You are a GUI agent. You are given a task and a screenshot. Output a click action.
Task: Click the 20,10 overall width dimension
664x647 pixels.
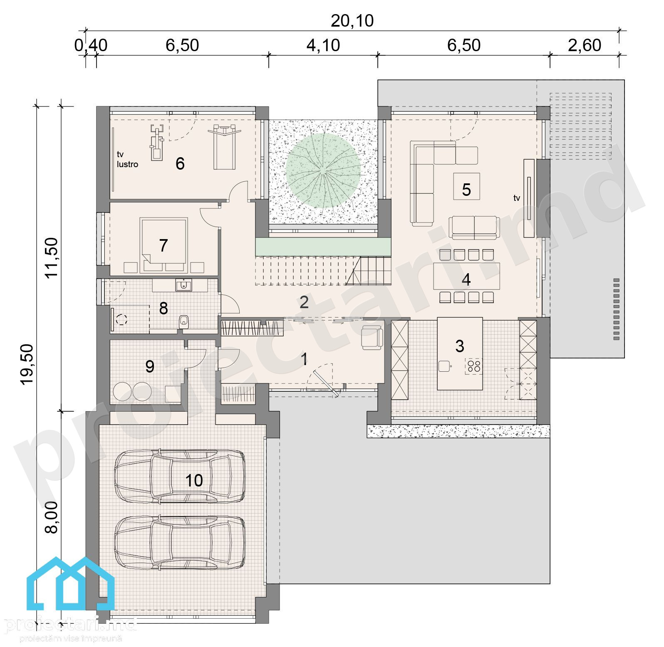pyautogui.click(x=352, y=21)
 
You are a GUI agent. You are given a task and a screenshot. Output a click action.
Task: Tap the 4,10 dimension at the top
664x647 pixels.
pyautogui.click(x=323, y=45)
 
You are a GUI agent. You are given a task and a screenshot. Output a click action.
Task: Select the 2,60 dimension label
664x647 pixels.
pyautogui.click(x=585, y=45)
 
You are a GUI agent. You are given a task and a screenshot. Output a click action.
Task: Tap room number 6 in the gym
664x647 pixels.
pyautogui.click(x=180, y=163)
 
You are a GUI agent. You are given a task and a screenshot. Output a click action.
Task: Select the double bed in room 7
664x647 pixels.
pyautogui.click(x=164, y=245)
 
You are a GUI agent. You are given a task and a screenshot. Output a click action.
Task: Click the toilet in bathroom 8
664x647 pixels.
pyautogui.click(x=183, y=321)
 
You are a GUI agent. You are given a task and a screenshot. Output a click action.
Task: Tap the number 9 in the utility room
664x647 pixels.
pyautogui.click(x=150, y=366)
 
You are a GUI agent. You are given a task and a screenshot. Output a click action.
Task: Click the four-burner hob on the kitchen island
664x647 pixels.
pyautogui.click(x=474, y=366)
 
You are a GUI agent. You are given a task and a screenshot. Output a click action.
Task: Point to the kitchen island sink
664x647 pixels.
pyautogui.click(x=445, y=366)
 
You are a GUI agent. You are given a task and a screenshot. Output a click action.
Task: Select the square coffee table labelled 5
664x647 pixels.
pyautogui.click(x=466, y=186)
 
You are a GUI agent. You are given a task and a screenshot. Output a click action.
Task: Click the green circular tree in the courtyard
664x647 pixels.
pyautogui.click(x=323, y=170)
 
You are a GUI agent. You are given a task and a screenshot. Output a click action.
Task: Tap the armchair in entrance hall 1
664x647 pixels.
pyautogui.click(x=372, y=337)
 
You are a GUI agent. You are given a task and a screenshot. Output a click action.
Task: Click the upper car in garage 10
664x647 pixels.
pyautogui.click(x=179, y=476)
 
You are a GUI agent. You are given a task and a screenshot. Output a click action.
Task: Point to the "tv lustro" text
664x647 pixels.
pyautogui.click(x=127, y=160)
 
